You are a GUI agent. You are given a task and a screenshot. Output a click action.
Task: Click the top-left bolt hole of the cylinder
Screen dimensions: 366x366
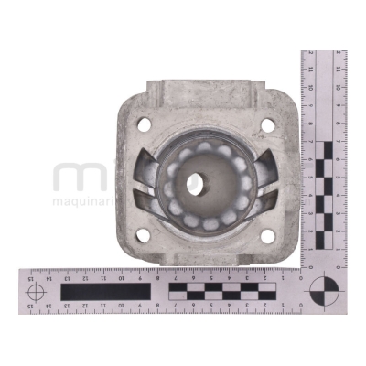(142, 123)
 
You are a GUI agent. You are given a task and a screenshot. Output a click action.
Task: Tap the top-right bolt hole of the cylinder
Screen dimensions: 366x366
(266, 125)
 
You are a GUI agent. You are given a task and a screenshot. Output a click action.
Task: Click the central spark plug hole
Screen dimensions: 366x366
(197, 182)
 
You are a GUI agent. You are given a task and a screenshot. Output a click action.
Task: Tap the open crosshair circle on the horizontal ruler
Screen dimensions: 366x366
(37, 292)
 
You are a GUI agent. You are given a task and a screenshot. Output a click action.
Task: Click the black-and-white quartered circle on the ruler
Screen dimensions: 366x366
(323, 292)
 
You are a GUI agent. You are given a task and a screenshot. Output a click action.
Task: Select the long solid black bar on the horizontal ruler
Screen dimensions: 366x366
(105, 292)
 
